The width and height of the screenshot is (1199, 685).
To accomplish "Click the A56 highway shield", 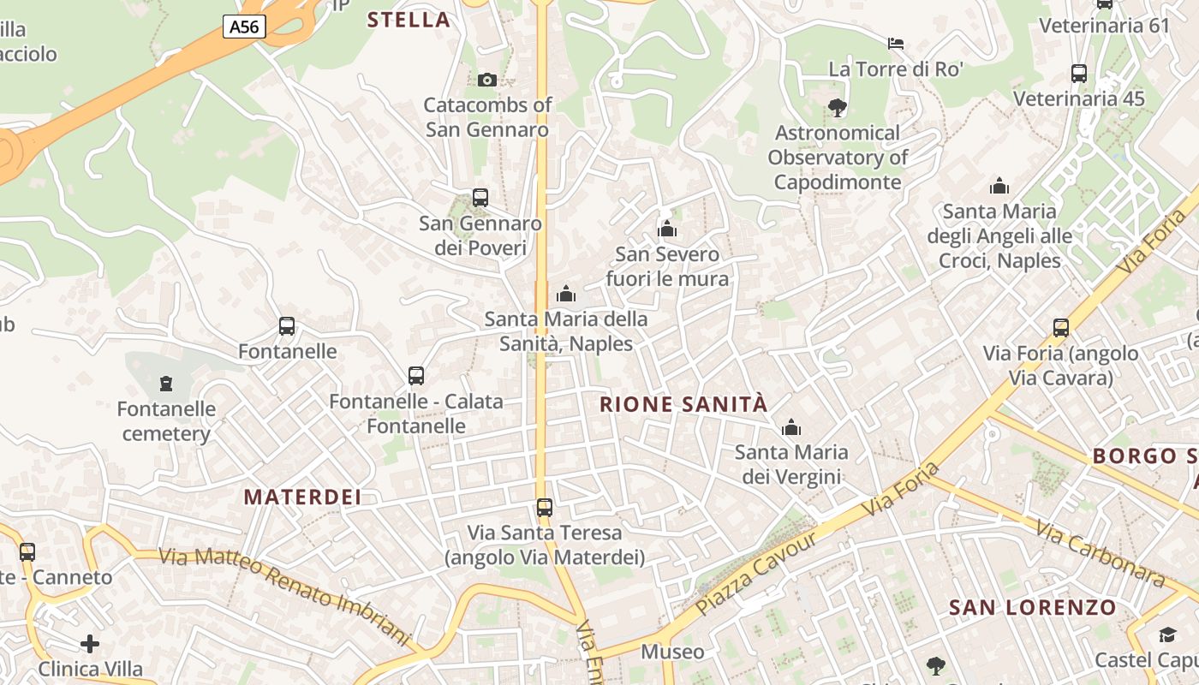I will click(244, 27).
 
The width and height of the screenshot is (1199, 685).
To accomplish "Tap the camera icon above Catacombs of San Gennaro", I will click(486, 80).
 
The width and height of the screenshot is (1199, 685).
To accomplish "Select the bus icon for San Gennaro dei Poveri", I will click(480, 198).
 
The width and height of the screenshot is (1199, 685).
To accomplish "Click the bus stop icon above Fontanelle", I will click(287, 326).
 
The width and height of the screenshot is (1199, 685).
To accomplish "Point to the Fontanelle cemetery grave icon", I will click(166, 383).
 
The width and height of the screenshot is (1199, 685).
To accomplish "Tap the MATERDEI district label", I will click(302, 497).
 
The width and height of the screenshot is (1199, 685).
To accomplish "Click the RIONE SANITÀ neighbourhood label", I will click(683, 404).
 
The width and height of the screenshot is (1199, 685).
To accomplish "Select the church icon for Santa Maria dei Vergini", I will click(791, 426).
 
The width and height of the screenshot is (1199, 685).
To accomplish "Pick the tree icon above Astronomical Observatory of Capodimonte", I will click(838, 107).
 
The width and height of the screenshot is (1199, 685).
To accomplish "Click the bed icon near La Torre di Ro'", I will click(896, 43).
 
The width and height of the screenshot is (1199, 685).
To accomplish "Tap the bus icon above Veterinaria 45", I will click(1079, 74).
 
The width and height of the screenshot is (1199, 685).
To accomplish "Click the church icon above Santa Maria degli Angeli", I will click(999, 186).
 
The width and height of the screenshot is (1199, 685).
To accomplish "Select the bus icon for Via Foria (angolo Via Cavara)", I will click(1061, 327).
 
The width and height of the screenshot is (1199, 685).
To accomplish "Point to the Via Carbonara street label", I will click(1101, 554).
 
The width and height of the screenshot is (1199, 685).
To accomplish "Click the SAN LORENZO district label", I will click(1033, 608).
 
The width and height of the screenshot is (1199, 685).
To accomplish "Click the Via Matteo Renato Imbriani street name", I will click(285, 593).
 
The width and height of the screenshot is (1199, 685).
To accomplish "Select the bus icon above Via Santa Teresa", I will click(545, 507).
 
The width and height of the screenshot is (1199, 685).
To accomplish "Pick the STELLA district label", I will click(409, 20).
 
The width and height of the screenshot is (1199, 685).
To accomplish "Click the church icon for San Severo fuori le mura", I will click(667, 229).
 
